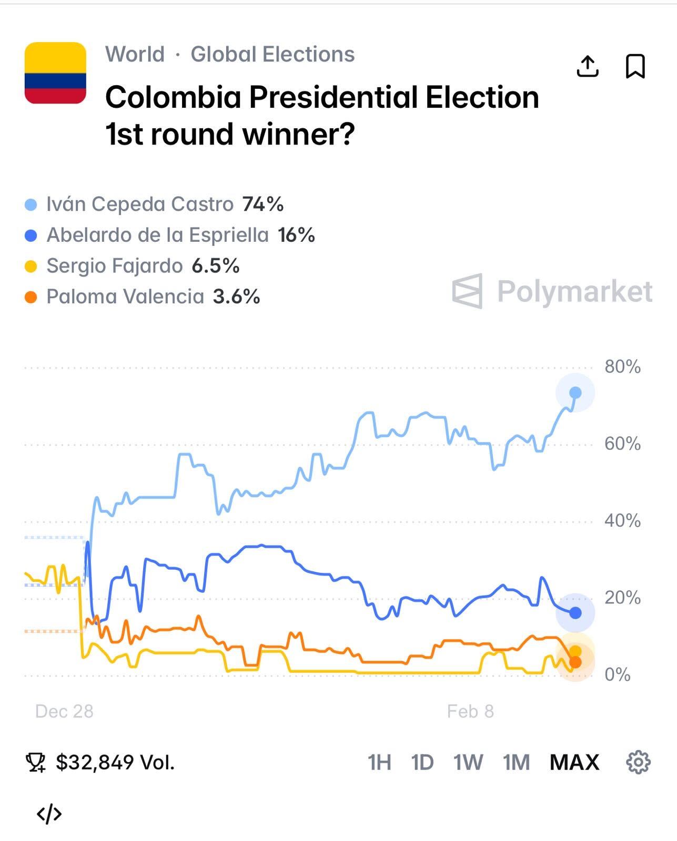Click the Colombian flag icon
click(55, 73)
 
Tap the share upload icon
click(588, 66)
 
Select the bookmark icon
click(635, 66)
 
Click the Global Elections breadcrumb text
click(272, 54)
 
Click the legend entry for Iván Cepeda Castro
click(139, 204)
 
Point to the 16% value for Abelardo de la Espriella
click(296, 235)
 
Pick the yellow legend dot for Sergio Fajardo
click(31, 266)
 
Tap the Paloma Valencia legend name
click(125, 297)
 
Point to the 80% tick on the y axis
click(622, 367)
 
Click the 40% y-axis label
click(622, 521)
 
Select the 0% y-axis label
click(618, 675)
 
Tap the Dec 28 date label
click(64, 711)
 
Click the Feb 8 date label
click(470, 711)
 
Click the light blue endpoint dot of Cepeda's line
click(575, 393)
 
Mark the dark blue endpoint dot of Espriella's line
click(575, 613)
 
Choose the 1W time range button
click(468, 762)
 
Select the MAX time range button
click(574, 762)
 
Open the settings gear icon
click(638, 762)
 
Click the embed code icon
click(49, 814)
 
